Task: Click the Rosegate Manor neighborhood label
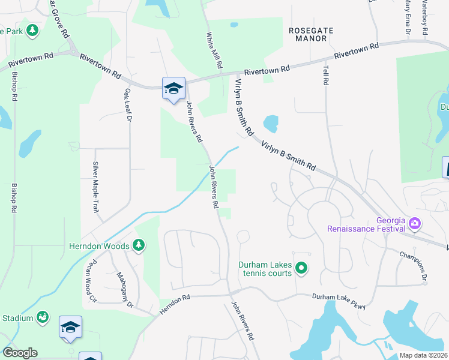coord(307,34)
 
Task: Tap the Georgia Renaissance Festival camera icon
coord(415,224)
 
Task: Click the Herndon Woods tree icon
coord(139,245)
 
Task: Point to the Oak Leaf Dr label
coord(127,106)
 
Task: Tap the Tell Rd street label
coord(327,74)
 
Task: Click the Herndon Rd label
coord(175,305)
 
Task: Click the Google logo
coord(20,353)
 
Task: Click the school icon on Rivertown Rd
coord(173,89)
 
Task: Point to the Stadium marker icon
coord(43,316)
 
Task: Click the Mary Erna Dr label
coord(408,17)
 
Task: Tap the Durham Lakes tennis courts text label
coord(265,269)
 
